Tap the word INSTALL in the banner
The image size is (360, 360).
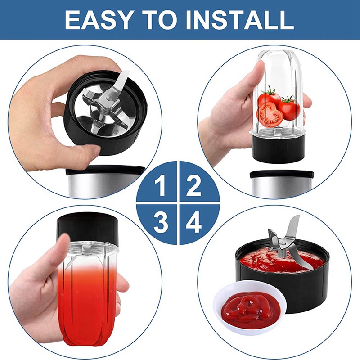coord(240,20)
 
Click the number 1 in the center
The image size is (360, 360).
coord(160,186)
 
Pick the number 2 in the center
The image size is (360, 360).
coord(194,186)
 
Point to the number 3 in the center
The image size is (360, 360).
coord(161,223)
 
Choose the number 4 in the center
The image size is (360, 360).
coord(194,223)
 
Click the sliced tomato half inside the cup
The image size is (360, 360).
coord(270,115)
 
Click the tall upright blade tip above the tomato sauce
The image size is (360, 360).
coord(297,219)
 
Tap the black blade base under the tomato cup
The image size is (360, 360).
coord(278,148)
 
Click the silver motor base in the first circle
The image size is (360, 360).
coord(104,181)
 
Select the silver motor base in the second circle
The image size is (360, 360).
coord(282,183)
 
